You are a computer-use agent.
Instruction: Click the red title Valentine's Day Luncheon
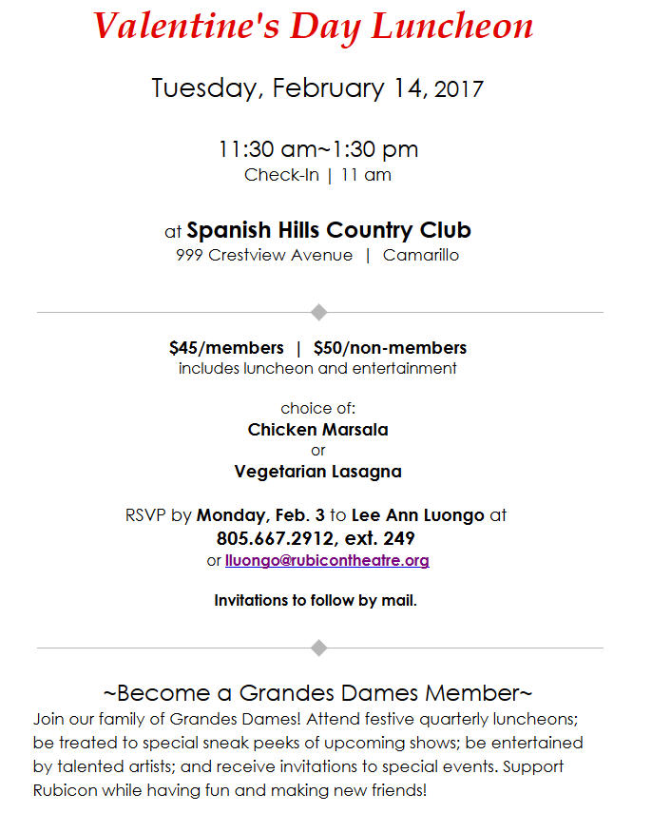314,27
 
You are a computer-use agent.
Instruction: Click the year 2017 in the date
459,90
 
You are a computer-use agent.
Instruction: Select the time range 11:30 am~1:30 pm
317,149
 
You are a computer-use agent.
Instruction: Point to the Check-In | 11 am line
317,175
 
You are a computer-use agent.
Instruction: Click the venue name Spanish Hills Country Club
329,230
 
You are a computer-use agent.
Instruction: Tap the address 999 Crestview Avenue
264,255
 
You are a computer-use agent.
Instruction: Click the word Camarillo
421,255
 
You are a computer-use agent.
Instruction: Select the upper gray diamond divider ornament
319,312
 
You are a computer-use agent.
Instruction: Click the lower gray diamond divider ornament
319,648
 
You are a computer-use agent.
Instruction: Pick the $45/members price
226,347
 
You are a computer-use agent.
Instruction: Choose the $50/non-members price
390,347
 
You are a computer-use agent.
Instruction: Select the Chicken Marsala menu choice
317,429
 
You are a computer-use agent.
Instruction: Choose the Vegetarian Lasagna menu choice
317,471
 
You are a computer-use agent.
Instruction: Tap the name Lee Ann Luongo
417,515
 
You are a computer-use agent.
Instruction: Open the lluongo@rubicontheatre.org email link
327,560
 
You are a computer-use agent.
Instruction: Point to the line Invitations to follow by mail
316,600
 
